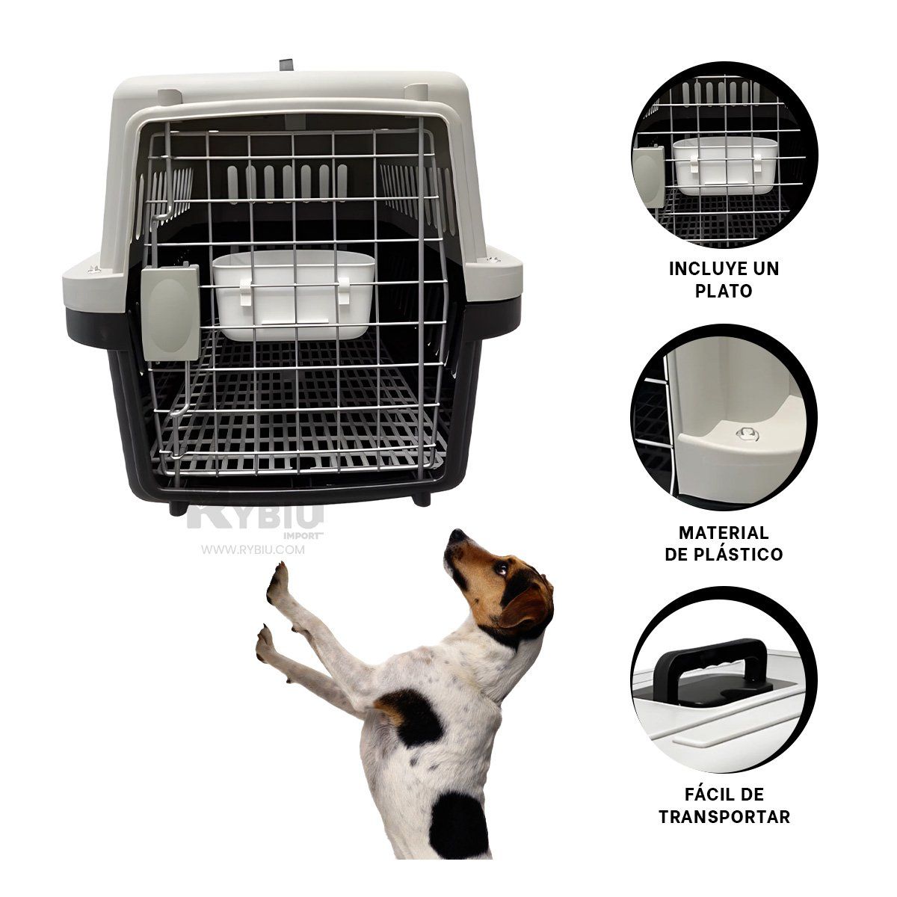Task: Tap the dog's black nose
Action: tap(456, 535)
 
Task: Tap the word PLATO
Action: tap(723, 291)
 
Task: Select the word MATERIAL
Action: tap(723, 533)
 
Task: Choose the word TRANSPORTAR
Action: tap(723, 817)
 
